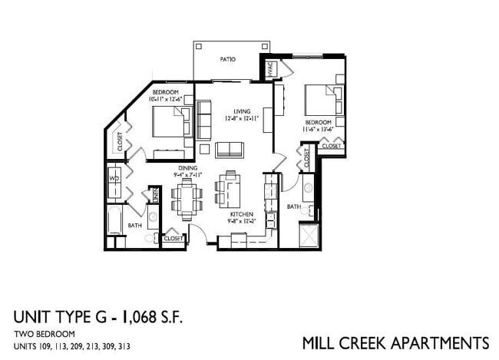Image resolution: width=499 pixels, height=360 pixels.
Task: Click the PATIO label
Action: point(227,59)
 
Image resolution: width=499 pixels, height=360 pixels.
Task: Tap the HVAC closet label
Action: point(270,69)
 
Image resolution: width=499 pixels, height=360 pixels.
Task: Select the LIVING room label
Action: point(243,111)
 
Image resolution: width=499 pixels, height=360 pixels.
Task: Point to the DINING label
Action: point(188,167)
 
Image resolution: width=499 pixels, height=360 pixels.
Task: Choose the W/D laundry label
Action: point(114,179)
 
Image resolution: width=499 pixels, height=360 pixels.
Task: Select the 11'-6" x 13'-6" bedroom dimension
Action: point(319,130)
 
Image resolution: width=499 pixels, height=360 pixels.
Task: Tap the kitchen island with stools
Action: point(230,187)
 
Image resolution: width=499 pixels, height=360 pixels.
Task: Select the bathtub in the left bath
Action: point(114,223)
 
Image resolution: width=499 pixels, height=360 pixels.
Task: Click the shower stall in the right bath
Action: point(309,235)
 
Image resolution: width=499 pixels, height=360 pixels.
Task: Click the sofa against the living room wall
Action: point(205,119)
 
